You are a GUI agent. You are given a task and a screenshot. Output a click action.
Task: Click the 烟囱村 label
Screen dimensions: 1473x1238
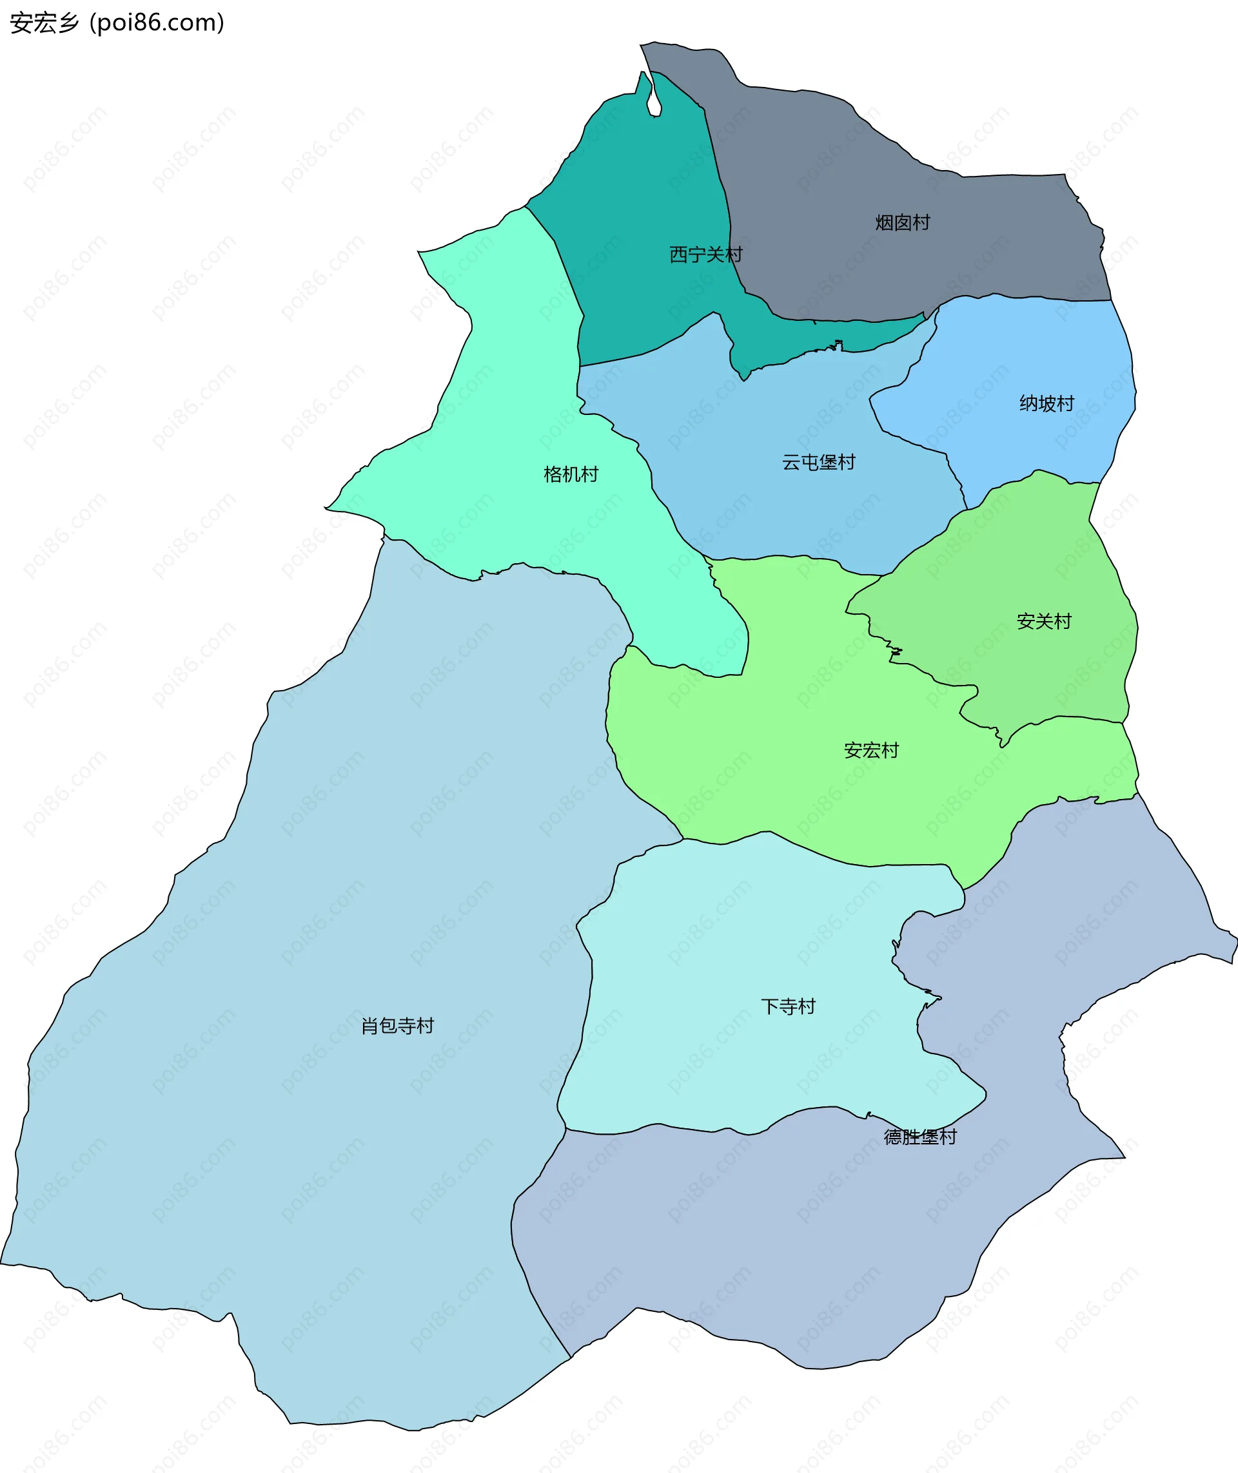(903, 223)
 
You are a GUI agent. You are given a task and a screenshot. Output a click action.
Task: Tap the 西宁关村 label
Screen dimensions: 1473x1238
(705, 255)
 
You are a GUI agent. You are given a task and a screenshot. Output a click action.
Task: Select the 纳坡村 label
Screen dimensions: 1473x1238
(1046, 404)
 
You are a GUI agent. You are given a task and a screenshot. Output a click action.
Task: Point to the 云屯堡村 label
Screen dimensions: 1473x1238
(818, 463)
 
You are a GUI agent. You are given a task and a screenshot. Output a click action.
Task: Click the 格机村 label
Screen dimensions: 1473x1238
(571, 475)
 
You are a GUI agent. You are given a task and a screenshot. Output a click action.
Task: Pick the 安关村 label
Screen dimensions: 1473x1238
(1044, 621)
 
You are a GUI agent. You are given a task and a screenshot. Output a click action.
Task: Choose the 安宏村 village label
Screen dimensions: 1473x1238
(871, 751)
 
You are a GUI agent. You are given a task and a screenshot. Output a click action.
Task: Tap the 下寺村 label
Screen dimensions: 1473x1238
(788, 1007)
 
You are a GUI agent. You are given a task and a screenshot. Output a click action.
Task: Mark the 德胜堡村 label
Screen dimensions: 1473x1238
(920, 1137)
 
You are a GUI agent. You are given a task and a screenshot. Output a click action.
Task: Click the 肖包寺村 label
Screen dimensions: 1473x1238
(397, 1026)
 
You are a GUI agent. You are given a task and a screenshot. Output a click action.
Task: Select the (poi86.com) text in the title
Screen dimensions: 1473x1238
(157, 23)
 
